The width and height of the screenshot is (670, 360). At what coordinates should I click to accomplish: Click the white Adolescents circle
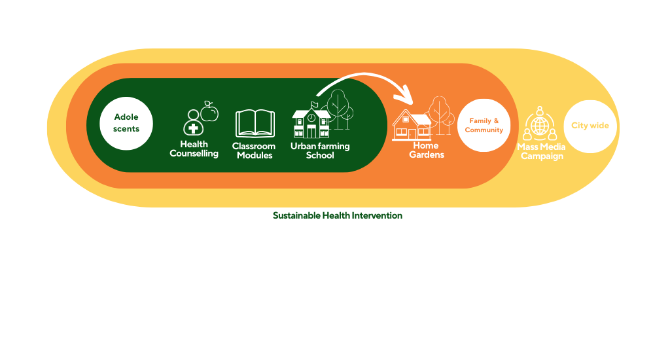pos(126,124)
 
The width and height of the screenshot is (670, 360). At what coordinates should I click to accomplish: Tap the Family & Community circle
pos(484,125)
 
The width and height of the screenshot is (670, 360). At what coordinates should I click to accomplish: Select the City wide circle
pos(590,126)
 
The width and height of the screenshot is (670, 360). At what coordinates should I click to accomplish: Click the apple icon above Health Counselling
pos(209,111)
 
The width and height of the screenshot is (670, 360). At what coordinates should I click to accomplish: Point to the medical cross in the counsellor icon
pos(193,128)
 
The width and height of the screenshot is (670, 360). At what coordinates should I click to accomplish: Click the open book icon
pos(255,124)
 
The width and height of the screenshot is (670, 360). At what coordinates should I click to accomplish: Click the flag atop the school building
pos(315,104)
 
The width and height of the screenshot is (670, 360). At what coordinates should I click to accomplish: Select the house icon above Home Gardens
pos(412,125)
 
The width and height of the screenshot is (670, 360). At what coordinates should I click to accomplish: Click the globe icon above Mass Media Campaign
pos(540,126)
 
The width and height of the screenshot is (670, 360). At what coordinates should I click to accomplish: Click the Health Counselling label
pos(194,149)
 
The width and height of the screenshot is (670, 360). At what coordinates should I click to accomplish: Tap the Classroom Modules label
pos(255,151)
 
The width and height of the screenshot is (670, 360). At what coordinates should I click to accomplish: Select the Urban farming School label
pos(320,151)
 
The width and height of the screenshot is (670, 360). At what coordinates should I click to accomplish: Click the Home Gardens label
pos(427,150)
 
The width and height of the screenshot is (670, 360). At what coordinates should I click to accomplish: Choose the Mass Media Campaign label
pos(541,151)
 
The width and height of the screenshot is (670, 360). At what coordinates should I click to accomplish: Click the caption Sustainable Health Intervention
pos(338,215)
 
